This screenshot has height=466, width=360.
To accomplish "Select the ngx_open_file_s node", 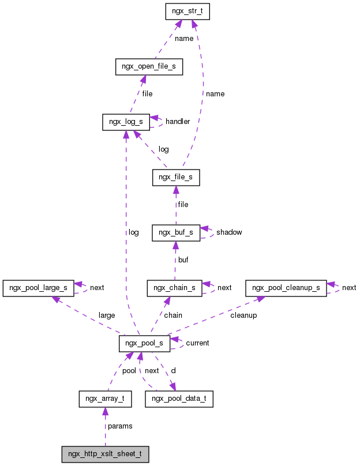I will point(149,67).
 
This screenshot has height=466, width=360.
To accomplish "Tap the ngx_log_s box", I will point(126,122).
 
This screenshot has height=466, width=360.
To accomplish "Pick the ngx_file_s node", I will point(176,178).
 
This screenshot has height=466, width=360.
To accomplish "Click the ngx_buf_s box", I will point(176,232).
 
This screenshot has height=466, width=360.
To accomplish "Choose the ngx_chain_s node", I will point(175,288).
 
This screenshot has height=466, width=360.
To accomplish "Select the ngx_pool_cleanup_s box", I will point(286,288).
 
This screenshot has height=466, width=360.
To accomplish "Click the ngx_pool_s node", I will point(144,343).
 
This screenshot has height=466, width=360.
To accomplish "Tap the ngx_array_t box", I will point(105,399).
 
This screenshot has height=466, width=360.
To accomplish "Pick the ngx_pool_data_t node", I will point(179,399).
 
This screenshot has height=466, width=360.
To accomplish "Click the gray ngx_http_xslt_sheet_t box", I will point(105,454).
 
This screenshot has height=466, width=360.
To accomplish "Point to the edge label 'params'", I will point(120,426).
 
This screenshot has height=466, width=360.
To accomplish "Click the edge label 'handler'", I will point(178,122).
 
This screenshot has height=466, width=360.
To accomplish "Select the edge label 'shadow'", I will point(229,232).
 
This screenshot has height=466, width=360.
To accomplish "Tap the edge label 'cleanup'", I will point(243,315).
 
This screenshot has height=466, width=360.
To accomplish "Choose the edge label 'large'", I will point(107,315).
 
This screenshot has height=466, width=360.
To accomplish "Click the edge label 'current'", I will point(197,343).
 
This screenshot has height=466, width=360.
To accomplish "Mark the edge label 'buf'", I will point(183,260).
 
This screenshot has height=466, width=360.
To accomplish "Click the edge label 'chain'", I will point(173,315).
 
